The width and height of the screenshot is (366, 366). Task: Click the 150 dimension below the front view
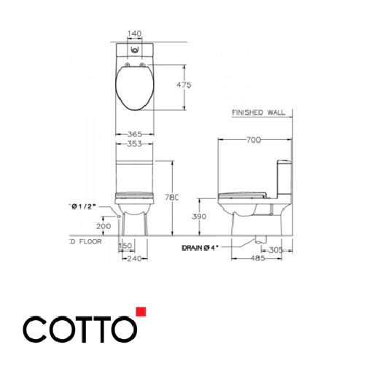click(x=125, y=246)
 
